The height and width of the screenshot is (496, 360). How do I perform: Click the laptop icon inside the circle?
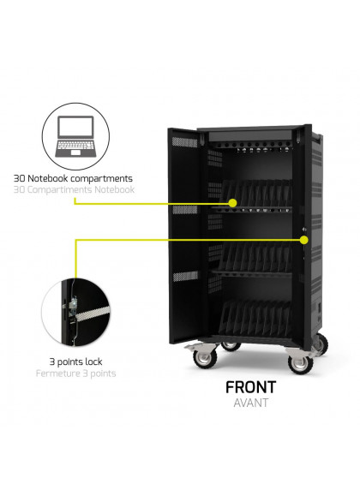(75, 136)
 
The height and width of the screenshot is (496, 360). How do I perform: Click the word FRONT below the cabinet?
(251, 387)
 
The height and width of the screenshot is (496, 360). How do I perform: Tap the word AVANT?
(251, 403)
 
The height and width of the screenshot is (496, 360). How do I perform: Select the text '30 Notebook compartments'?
(73, 178)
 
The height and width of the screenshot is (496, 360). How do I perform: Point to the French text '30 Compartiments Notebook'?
(74, 190)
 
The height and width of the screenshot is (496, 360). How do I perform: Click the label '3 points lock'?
(75, 362)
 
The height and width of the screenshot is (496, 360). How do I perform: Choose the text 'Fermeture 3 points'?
(76, 373)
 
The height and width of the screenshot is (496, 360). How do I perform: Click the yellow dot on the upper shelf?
(233, 203)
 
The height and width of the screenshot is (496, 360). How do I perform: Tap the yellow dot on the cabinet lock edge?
(304, 240)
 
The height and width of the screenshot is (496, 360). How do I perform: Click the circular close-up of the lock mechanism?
(75, 312)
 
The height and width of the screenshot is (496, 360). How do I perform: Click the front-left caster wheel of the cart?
(205, 358)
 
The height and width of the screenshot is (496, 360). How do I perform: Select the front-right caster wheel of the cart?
(300, 364)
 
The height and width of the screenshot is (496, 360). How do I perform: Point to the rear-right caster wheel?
(321, 344)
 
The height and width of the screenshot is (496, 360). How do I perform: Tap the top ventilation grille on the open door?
(184, 142)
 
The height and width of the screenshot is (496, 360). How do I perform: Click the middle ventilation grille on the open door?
(185, 210)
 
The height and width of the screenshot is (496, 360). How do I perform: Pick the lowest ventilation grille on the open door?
(185, 276)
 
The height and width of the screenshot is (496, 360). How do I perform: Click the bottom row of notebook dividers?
(255, 319)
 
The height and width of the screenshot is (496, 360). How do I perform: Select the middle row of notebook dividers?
(255, 257)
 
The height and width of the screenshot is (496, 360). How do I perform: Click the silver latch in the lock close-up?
(73, 304)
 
